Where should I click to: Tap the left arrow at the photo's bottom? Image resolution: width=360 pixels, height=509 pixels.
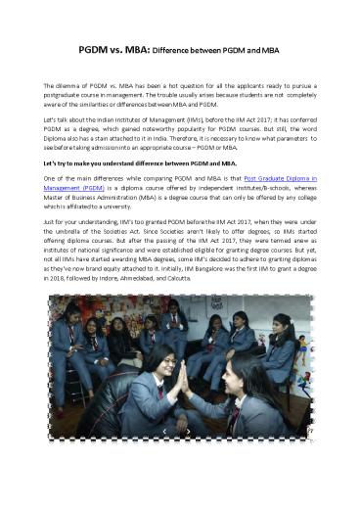[163, 431]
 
